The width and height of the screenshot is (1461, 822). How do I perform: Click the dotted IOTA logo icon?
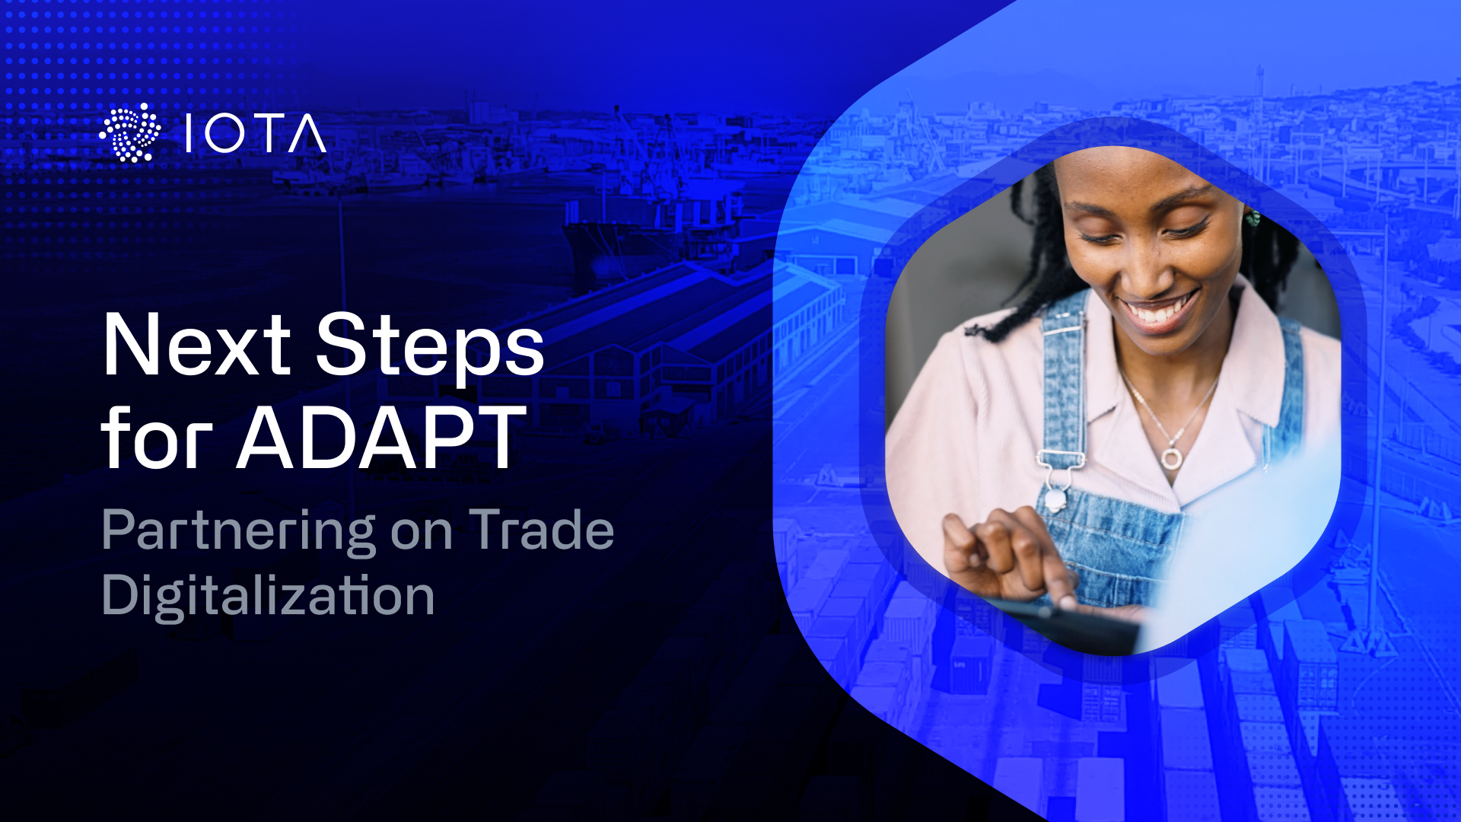(130, 133)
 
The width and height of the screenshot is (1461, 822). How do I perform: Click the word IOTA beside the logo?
(256, 135)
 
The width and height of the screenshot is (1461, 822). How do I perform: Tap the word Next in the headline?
(196, 346)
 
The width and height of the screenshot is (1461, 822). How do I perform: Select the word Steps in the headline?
(430, 346)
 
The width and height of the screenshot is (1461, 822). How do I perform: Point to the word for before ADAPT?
(156, 439)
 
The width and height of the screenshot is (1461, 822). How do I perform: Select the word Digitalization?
(268, 595)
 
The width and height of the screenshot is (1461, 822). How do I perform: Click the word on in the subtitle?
(421, 532)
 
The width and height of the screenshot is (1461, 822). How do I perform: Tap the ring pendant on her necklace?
(1171, 458)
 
